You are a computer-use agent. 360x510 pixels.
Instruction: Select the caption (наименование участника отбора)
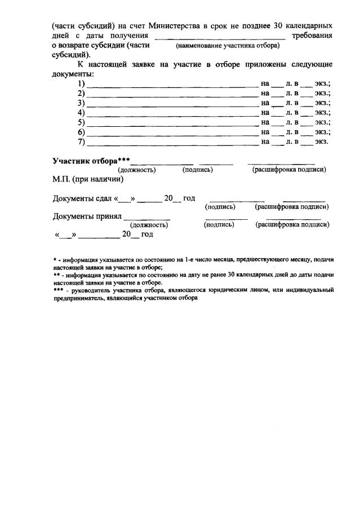click(228, 45)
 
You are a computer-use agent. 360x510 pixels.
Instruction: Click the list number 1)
click(81, 83)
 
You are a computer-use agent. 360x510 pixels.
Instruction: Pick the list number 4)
click(81, 112)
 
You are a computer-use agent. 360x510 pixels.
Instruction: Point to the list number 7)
click(81, 141)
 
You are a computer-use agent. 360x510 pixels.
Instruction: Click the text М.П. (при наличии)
click(87, 179)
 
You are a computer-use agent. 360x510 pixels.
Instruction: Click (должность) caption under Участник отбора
click(137, 170)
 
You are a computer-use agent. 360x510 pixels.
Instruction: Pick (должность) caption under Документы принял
click(149, 225)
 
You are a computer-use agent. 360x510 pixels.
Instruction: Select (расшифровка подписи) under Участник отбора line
click(289, 170)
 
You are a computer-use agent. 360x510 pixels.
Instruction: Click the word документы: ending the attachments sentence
click(73, 74)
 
